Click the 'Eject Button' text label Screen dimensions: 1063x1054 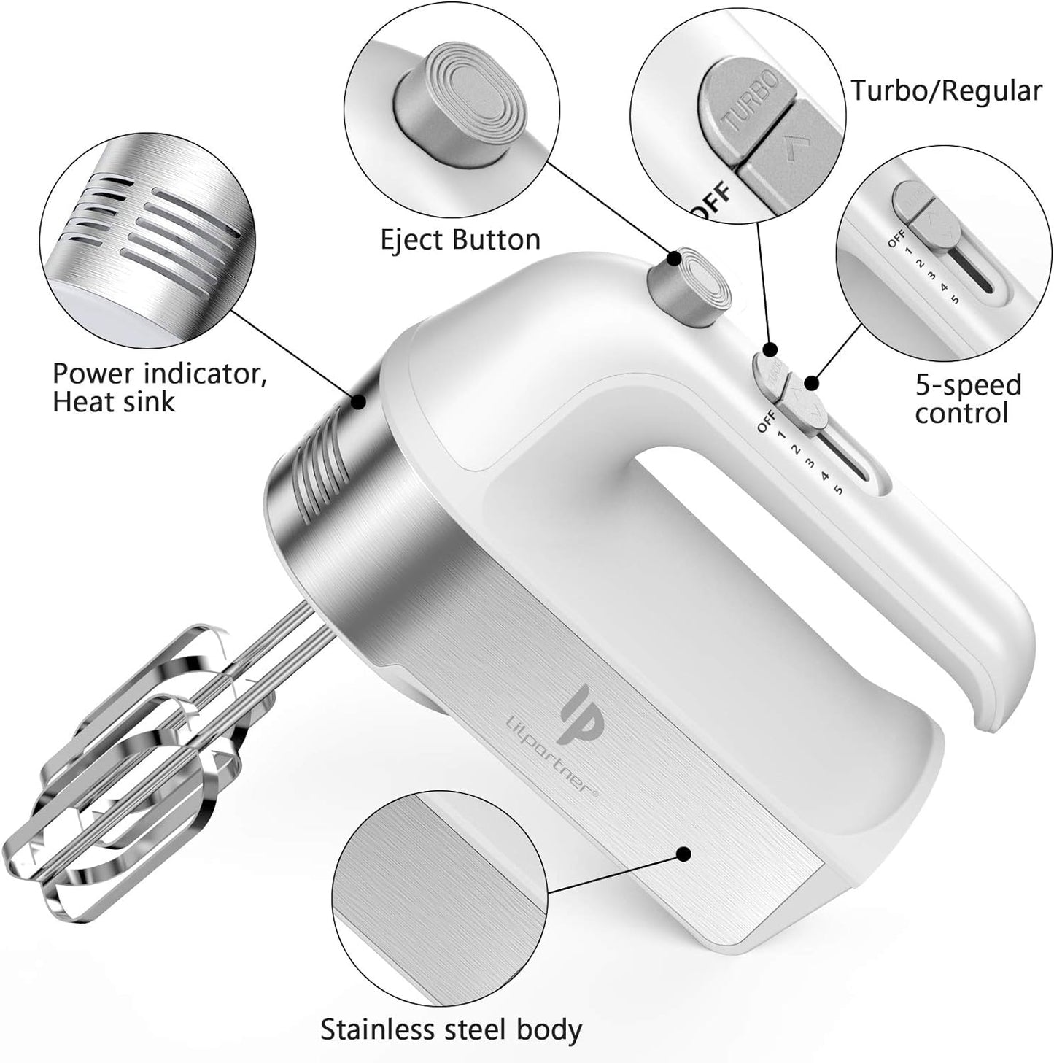tap(460, 239)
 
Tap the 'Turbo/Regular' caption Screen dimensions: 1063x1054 tap(946, 91)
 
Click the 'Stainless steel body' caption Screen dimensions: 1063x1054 tap(451, 1029)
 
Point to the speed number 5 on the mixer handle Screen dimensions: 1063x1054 tap(838, 490)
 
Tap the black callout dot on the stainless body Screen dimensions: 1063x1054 tap(683, 854)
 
